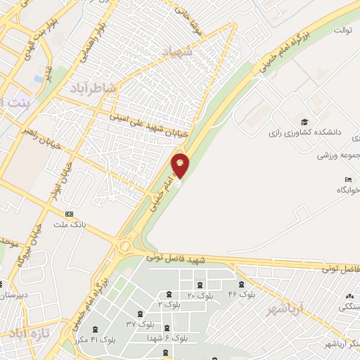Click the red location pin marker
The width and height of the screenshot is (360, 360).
[x=181, y=166]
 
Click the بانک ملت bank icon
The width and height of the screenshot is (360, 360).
[x=69, y=214]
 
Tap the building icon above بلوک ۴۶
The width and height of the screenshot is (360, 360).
[x=242, y=284]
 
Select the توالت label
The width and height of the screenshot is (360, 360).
[x=342, y=30]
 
